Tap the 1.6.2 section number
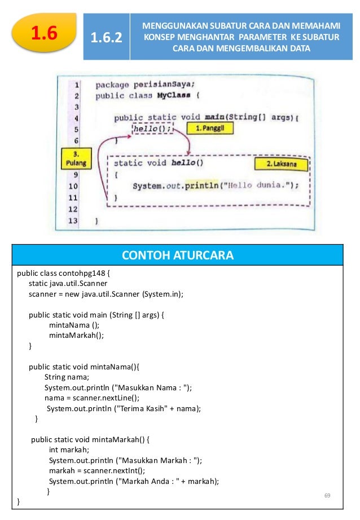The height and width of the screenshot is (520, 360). coord(106,38)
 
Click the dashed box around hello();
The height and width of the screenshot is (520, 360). coord(152,129)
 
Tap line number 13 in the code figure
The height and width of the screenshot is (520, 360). coord(73,221)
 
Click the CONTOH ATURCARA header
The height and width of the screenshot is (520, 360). coord(178,255)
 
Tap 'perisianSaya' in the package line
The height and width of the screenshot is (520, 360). coord(168,84)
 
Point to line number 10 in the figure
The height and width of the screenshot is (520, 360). coord(73,186)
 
